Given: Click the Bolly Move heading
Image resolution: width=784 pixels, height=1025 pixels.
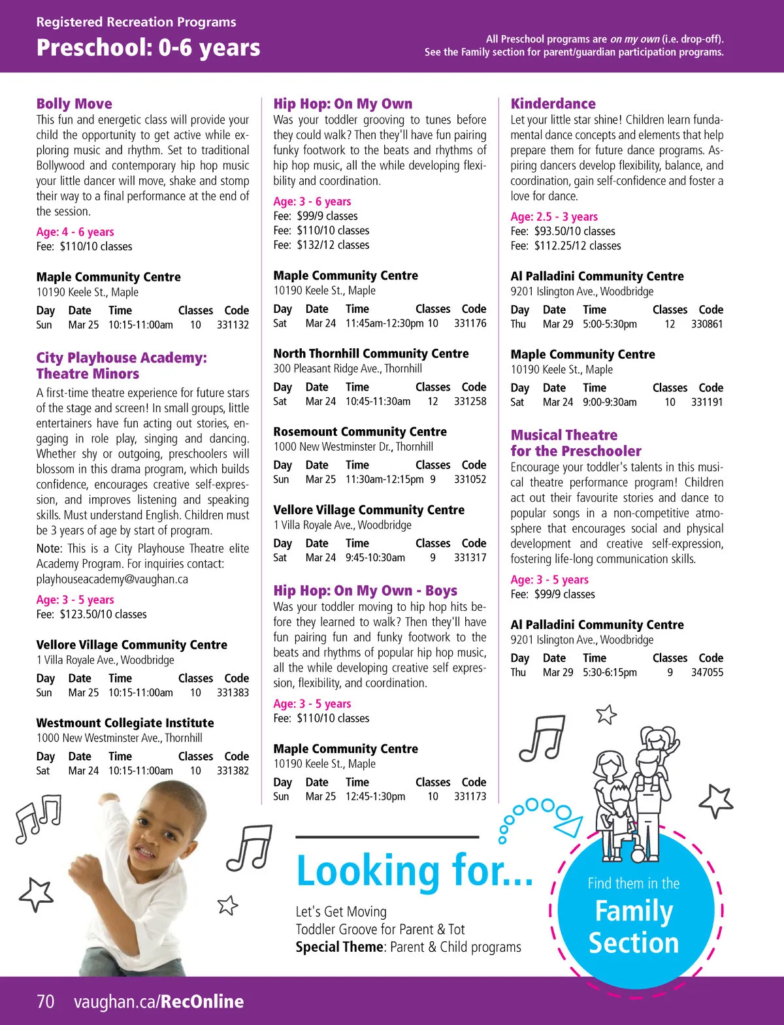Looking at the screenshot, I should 74,103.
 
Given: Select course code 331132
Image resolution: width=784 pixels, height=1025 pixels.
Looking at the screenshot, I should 233,325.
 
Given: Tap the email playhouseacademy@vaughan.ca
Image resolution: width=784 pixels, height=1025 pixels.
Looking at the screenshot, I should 112,579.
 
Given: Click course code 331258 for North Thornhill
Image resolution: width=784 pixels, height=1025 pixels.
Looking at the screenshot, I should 470,401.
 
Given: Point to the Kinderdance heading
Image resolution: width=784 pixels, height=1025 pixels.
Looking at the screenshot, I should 553,103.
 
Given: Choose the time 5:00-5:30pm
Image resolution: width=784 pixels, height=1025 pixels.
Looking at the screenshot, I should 610,324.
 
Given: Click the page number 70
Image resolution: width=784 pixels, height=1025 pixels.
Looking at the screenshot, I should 46,1001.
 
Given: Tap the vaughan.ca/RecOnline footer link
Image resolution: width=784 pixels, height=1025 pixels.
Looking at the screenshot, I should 159,1001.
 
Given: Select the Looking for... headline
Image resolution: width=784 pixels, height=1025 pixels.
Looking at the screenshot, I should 414,871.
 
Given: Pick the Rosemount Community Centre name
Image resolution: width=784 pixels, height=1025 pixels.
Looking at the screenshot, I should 360,431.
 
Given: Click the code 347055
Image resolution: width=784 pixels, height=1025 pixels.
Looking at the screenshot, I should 707,672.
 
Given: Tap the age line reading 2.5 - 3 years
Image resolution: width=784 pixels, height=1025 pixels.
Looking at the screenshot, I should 554,216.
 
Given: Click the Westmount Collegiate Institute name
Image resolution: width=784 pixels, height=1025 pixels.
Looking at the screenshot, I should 125,723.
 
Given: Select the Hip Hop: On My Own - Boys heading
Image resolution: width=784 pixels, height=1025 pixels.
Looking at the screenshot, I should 365,591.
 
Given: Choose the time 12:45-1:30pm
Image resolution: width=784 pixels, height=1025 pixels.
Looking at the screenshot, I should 375,796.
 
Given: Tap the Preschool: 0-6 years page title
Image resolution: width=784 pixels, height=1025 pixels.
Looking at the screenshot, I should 148,48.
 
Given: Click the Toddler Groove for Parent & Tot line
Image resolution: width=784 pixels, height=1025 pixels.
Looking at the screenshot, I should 380,929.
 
